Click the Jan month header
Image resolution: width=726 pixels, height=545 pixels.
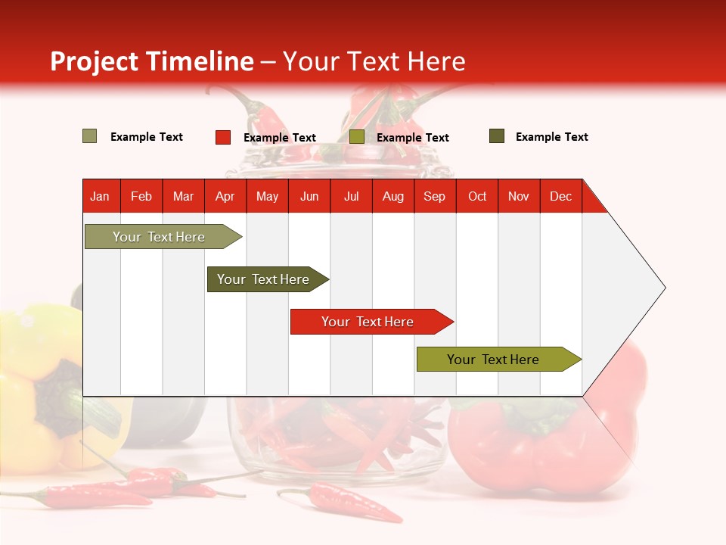tap(100, 196)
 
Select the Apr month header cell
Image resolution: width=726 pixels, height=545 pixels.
tap(225, 196)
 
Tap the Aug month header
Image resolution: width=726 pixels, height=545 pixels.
tap(392, 196)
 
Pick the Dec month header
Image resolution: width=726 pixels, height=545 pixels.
tap(560, 196)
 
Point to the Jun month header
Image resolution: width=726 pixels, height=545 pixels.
tap(309, 196)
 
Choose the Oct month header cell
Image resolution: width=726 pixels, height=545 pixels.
tap(476, 196)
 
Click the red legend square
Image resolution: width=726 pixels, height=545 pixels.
tap(223, 137)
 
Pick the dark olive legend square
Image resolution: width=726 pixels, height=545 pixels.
tap(497, 136)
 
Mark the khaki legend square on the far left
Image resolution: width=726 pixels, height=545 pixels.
tap(90, 136)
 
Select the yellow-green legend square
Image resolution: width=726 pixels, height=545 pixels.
tap(357, 137)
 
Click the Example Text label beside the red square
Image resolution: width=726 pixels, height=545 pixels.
tap(279, 138)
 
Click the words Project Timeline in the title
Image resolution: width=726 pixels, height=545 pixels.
tap(151, 61)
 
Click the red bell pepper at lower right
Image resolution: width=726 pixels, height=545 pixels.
tap(544, 439)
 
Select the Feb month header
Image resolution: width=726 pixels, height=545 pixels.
tap(141, 196)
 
